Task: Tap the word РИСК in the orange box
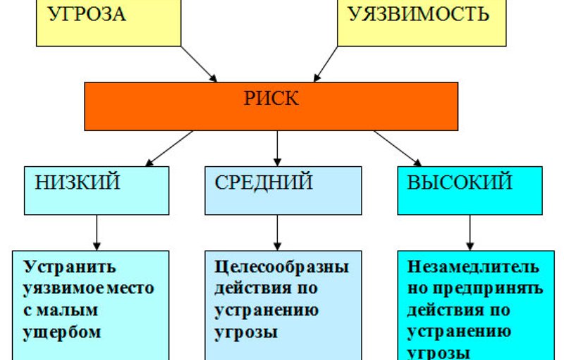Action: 271,99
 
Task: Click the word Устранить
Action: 70,268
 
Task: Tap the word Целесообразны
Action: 282,268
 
